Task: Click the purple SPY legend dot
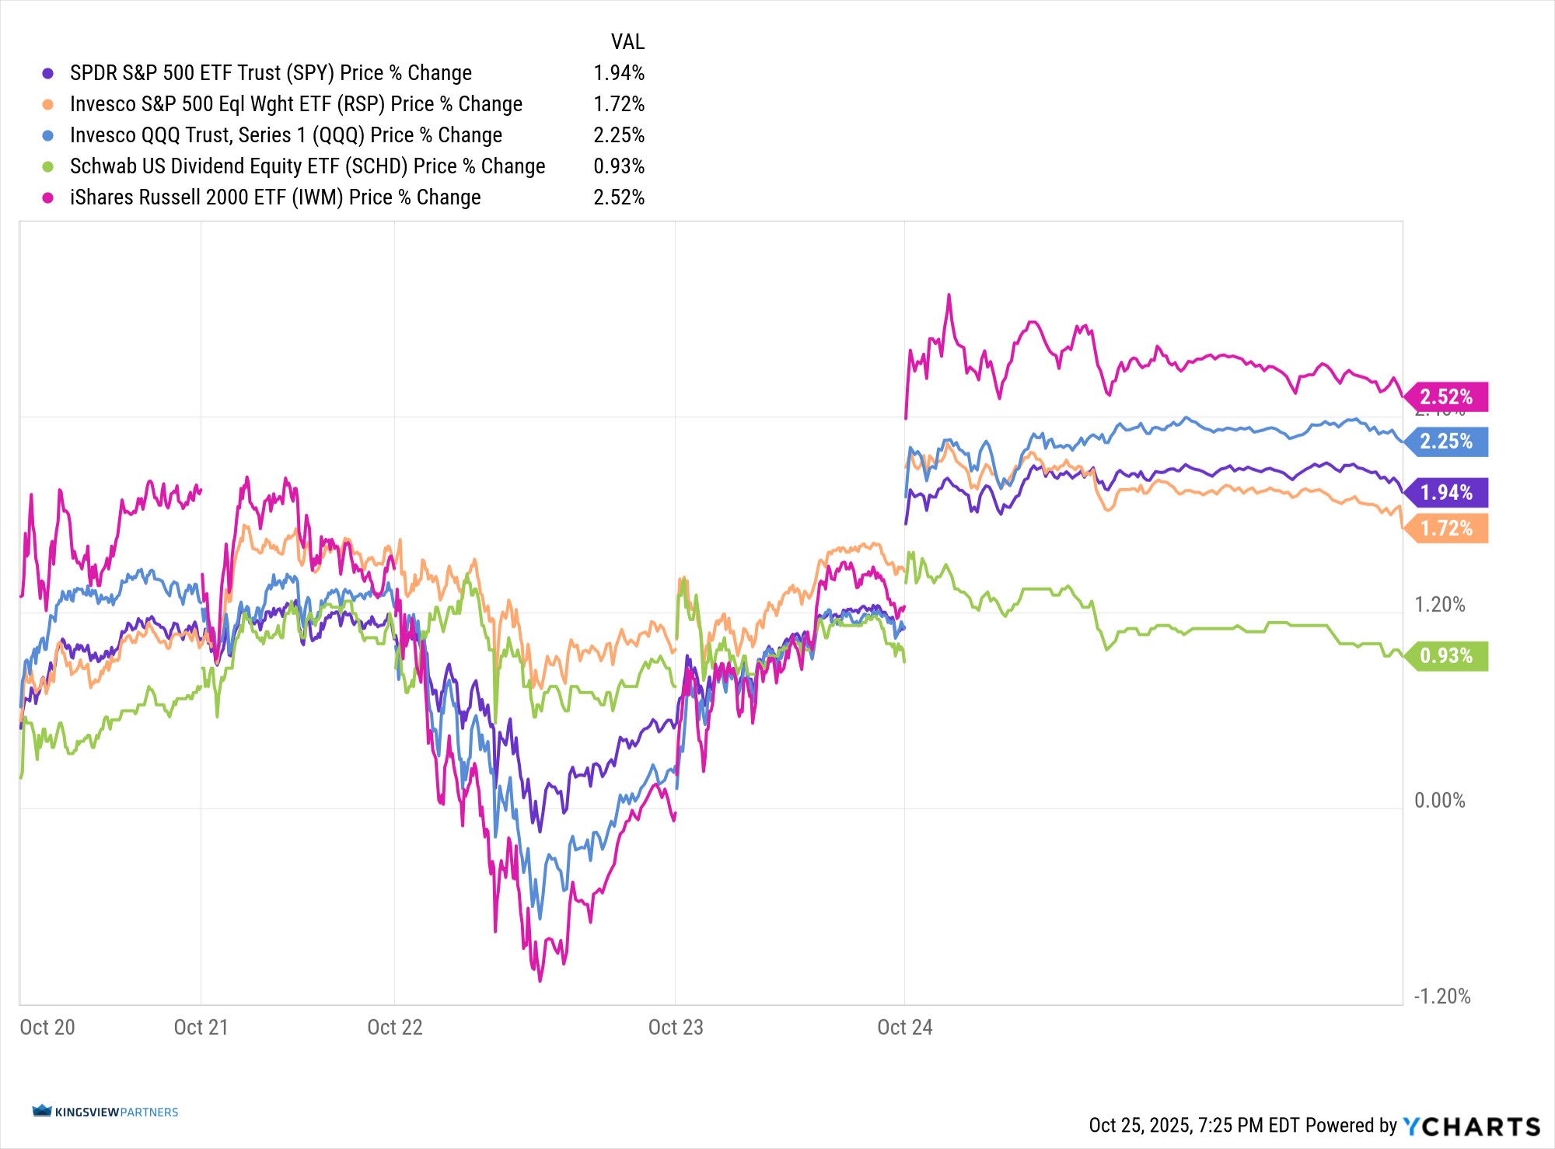pos(48,73)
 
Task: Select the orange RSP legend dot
pos(48,104)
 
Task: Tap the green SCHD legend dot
pos(48,166)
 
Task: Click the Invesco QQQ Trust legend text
pos(285,135)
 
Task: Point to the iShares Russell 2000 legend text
pos(275,197)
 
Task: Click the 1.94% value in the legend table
pos(619,73)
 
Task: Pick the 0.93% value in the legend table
pos(619,166)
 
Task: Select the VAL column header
pos(627,42)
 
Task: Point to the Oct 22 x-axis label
pos(395,1027)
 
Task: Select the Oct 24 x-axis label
pos(904,1027)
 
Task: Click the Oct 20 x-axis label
pos(47,1027)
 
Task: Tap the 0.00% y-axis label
pos(1439,801)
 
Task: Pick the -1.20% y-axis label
pos(1442,997)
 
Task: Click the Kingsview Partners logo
pos(106,1112)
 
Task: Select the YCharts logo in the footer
pos(1471,1126)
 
